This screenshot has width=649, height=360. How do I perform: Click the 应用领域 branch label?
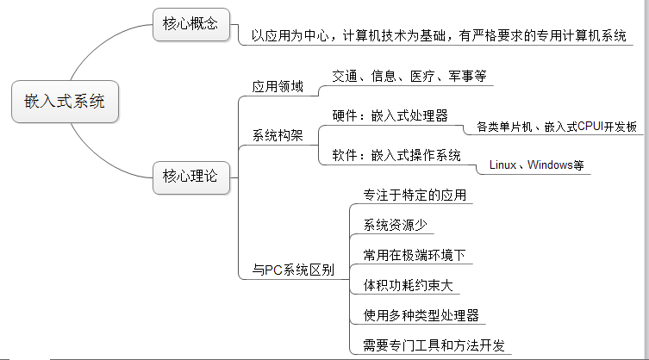click(x=278, y=86)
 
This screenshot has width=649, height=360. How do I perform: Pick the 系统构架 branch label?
click(x=278, y=136)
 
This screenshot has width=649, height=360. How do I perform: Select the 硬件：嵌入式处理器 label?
click(x=390, y=115)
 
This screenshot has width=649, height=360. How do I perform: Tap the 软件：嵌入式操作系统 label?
click(x=396, y=155)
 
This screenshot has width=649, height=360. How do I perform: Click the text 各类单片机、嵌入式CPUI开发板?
click(x=557, y=127)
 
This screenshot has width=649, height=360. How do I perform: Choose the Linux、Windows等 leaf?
click(x=535, y=164)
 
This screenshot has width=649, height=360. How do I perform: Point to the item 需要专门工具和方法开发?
click(x=427, y=345)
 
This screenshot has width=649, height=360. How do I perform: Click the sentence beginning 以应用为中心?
click(x=439, y=37)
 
